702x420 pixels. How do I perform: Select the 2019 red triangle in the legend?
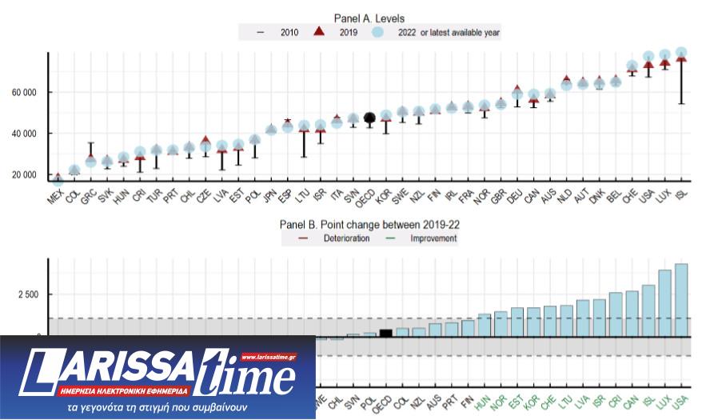pyautogui.click(x=317, y=32)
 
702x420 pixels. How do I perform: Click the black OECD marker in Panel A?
pyautogui.click(x=369, y=118)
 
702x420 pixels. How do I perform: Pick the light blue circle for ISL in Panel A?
pyautogui.click(x=680, y=53)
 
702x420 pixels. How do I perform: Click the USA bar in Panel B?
pyautogui.click(x=680, y=300)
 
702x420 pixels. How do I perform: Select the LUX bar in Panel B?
pyautogui.click(x=664, y=303)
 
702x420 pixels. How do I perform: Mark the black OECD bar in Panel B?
pyautogui.click(x=386, y=333)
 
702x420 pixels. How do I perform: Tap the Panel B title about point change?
pyautogui.click(x=369, y=224)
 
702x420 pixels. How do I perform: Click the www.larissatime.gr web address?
pyautogui.click(x=268, y=357)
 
